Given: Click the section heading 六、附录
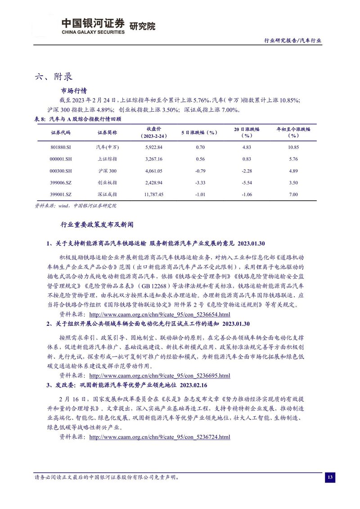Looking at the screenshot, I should coord(54,76).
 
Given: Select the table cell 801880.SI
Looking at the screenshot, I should coord(61,147).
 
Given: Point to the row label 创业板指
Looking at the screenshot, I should coord(107,182).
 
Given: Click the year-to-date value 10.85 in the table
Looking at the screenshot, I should coord(293,147).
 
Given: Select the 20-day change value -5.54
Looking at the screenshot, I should coord(246,182).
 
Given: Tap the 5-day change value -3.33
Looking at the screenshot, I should coord(199,182).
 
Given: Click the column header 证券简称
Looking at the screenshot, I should coord(107,132).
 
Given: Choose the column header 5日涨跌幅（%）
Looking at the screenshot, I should coord(199,132).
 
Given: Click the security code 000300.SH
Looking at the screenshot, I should coord(61,171).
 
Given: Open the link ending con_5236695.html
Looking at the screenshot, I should coord(160,376).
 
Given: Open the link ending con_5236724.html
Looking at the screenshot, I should coord(160,437).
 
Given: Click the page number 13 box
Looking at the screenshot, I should coord(330,477).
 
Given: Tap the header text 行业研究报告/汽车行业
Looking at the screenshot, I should coord(292,40).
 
